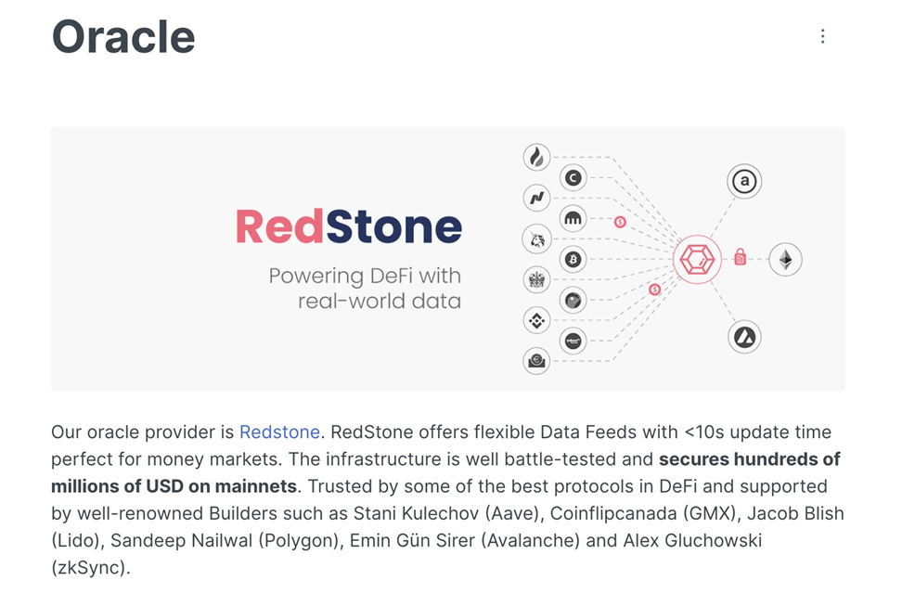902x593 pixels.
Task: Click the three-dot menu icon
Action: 822,36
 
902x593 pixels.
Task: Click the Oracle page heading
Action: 123,37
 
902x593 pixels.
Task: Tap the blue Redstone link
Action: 279,432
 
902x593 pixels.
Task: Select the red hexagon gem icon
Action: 697,260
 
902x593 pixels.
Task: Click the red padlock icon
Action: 740,257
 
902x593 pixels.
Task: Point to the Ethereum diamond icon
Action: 785,260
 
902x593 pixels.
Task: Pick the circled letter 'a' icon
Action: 743,182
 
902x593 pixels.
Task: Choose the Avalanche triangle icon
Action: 743,337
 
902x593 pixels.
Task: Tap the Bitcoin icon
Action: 573,260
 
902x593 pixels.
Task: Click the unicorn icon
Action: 536,239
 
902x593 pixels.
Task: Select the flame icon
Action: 536,158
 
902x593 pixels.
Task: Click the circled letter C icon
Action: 573,178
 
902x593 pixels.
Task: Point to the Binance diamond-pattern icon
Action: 536,321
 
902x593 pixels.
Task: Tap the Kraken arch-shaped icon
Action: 573,219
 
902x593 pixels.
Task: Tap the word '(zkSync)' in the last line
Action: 91,567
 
